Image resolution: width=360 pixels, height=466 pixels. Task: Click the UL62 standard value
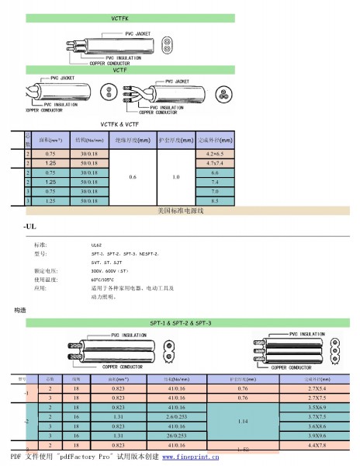point(97,244)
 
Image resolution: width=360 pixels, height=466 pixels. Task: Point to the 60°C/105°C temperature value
point(104,279)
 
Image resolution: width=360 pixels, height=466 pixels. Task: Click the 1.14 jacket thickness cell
point(243,421)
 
